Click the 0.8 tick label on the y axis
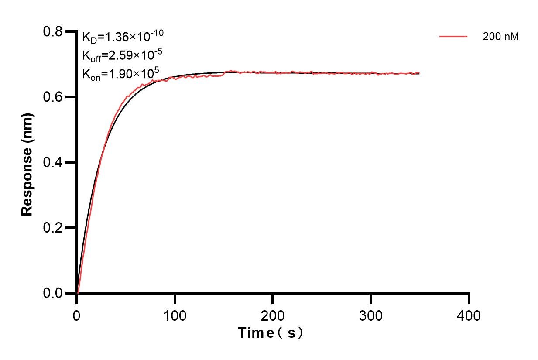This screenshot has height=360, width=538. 53,32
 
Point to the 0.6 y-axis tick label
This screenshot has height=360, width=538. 53,97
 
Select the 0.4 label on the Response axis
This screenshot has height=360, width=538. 53,162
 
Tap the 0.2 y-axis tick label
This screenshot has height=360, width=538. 53,228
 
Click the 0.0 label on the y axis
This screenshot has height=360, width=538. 53,293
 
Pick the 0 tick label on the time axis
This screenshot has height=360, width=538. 77,315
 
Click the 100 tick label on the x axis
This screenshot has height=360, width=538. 175,315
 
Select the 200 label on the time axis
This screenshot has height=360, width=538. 273,315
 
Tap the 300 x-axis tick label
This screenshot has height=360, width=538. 370,315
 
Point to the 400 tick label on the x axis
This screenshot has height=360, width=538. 469,315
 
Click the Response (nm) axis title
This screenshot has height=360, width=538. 27,162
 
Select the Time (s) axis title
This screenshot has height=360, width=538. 271,333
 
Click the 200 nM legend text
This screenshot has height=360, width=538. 500,37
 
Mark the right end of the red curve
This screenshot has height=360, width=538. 419,73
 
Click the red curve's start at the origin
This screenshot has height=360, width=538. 77,293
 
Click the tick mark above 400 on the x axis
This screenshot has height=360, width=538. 469,298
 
